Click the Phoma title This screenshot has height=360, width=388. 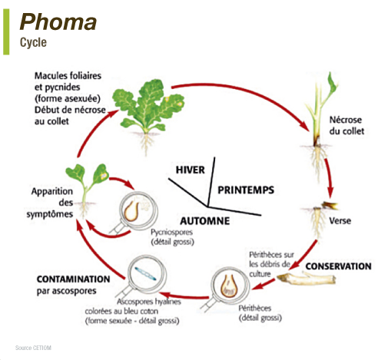tap(58, 22)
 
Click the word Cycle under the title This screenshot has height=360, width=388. tap(33, 42)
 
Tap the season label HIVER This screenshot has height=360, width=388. tap(190, 170)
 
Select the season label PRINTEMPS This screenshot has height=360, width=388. tap(246, 190)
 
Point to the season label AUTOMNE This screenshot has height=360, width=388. tap(205, 221)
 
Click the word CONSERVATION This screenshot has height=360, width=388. tap(338, 266)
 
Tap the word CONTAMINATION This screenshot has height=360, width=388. tap(74, 279)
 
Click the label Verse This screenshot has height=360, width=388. tap(340, 221)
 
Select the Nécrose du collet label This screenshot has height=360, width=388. tap(347, 125)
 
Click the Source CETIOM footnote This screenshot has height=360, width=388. tap(33, 348)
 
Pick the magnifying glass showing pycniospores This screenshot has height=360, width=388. tap(136, 212)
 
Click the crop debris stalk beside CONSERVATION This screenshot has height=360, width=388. tap(307, 278)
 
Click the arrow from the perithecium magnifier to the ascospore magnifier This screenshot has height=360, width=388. tap(184, 296)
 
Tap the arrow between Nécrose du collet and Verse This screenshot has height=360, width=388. tap(330, 178)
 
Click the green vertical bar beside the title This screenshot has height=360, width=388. tap(6, 31)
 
